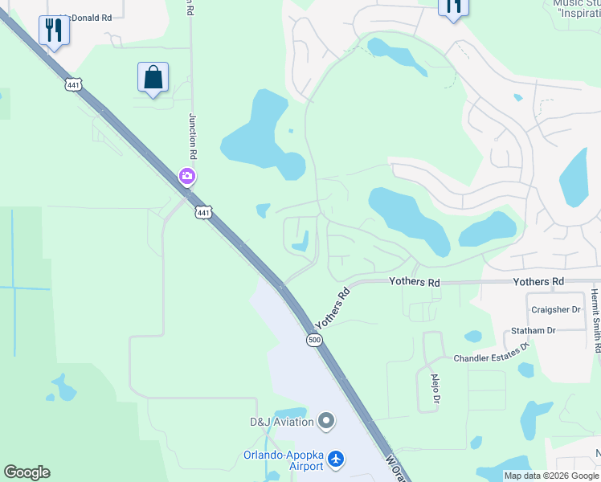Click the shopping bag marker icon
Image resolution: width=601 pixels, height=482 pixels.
[153, 78]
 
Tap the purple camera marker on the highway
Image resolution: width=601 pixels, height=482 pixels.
[187, 175]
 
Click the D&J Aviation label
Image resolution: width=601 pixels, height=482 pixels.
[280, 421]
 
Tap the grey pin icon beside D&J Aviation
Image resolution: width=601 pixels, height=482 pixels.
[325, 421]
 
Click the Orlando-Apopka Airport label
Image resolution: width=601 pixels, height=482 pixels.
[284, 460]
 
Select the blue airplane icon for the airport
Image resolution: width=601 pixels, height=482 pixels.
[336, 460]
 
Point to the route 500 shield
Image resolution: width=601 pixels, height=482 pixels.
[314, 341]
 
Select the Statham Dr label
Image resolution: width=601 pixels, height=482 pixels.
[534, 330]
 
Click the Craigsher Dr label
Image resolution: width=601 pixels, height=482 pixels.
[555, 309]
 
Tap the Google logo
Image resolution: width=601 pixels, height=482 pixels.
[27, 472]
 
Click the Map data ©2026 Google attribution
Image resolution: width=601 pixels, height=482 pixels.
[551, 476]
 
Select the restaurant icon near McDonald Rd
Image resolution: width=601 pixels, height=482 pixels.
[54, 31]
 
